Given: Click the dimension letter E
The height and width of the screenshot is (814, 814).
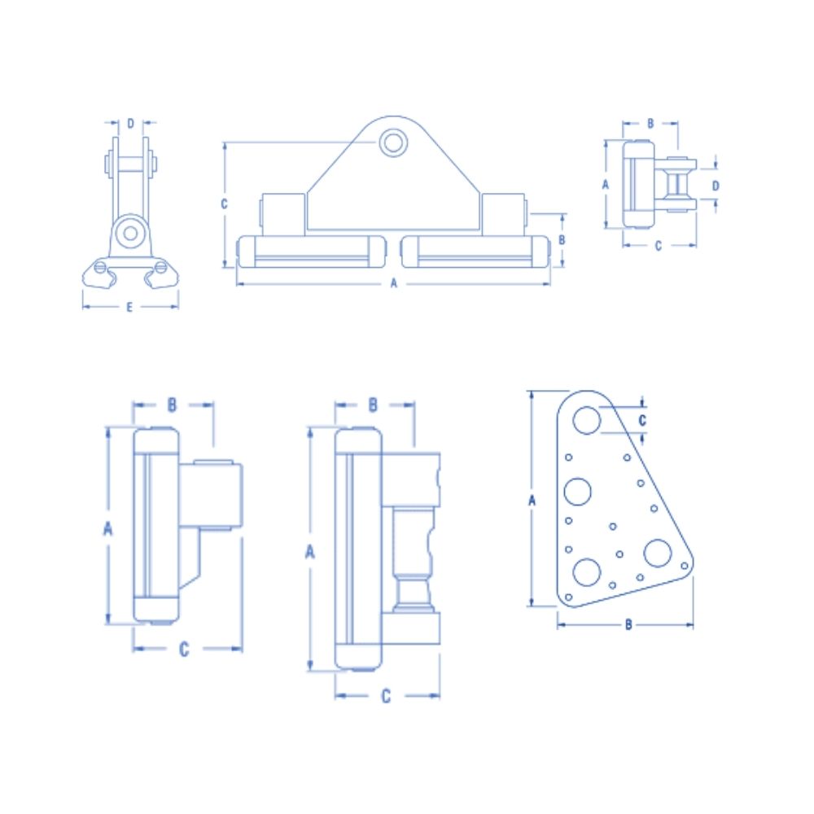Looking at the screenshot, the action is point(129,308).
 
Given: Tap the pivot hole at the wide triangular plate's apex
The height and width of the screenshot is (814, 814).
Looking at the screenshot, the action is point(393,142).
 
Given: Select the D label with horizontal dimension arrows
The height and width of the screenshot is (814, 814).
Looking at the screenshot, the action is point(130,124).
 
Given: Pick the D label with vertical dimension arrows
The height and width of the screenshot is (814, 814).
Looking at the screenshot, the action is point(716,186).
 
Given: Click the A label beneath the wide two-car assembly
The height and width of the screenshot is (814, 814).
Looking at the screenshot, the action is point(393,283).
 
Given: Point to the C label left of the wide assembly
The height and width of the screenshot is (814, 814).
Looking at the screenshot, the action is point(224,204).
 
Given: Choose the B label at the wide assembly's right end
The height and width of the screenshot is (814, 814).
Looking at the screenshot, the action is point(561,240).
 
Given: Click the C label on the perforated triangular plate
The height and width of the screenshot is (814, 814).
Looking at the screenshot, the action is point(642,421).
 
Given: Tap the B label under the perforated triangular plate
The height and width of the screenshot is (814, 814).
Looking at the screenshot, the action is point(628,625).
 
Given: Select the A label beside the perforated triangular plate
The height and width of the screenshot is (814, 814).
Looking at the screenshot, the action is point(532,501).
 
